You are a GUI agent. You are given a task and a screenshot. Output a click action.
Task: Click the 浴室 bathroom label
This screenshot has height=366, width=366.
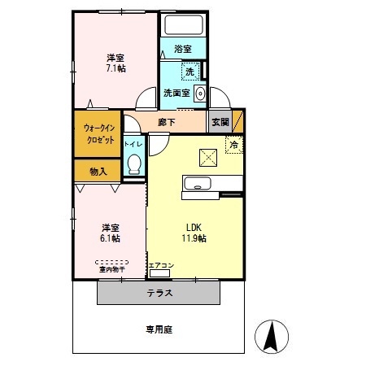pyautogui.click(x=182, y=49)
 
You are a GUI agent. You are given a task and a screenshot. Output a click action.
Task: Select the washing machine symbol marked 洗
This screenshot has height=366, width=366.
pyautogui.click(x=190, y=72)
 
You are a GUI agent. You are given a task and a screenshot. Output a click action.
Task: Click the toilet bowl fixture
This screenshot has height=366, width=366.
pyautogui.click(x=135, y=166)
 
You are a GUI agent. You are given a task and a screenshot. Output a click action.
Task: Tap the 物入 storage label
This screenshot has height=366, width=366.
pyautogui.click(x=98, y=171)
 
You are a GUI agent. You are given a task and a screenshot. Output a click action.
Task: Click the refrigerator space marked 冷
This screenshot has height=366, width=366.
pyautogui.click(x=234, y=145)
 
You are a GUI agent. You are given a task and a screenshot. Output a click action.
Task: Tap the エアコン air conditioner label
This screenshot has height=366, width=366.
pyautogui.click(x=161, y=266)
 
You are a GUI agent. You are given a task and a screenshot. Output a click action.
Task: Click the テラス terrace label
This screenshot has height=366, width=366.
pyautogui.click(x=159, y=292)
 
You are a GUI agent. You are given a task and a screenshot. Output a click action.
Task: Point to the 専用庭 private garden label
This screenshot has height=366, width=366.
pyautogui.click(x=159, y=329)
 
